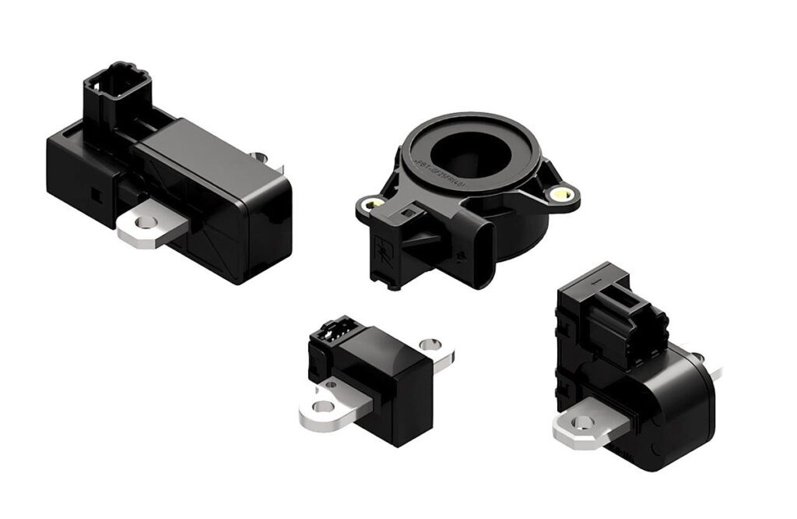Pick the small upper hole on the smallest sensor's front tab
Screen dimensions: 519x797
coord(332,383)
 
